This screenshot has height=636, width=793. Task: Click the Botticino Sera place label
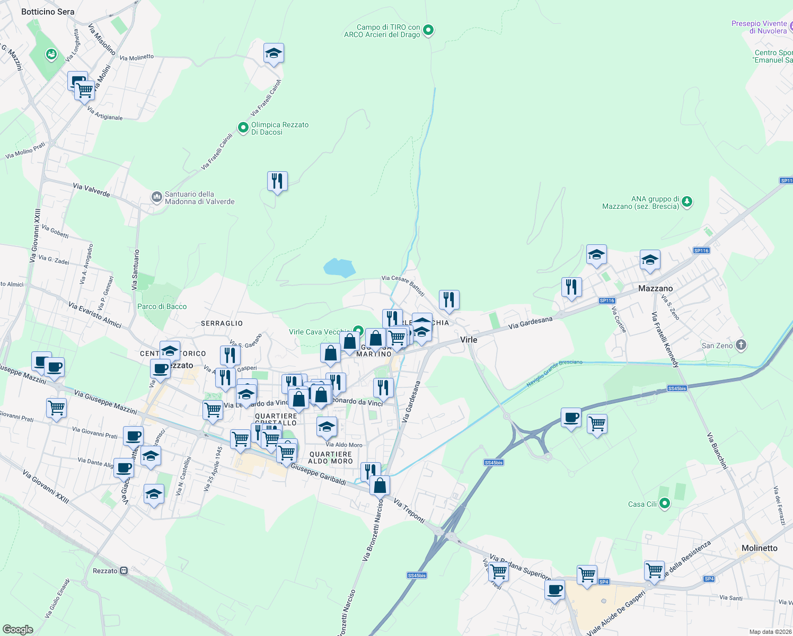click(x=48, y=12)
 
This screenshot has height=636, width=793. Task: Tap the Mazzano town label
click(x=655, y=288)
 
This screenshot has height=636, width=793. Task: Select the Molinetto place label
click(x=759, y=548)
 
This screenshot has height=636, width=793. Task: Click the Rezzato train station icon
click(x=124, y=571)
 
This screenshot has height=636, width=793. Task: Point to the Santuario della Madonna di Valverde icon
click(x=156, y=198)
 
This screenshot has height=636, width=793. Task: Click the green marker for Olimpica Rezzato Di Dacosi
click(x=243, y=128)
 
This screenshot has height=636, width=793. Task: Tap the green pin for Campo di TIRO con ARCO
click(x=428, y=31)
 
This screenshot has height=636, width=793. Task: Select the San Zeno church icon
click(x=741, y=346)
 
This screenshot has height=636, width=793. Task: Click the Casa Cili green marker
click(x=664, y=504)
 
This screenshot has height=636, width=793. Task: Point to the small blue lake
click(x=339, y=268)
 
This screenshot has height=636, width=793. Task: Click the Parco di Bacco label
click(x=162, y=306)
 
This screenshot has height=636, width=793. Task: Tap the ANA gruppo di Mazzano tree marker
click(x=687, y=202)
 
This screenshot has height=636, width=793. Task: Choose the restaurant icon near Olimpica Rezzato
click(x=277, y=181)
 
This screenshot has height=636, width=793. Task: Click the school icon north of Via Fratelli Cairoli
click(x=274, y=53)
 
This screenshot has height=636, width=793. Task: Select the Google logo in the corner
click(x=17, y=629)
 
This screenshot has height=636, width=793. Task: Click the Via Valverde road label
click(x=91, y=190)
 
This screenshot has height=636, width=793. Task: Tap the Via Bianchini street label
click(x=717, y=450)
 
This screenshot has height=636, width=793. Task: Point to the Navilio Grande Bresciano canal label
click(x=554, y=373)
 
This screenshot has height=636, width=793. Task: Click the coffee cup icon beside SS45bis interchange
click(x=571, y=418)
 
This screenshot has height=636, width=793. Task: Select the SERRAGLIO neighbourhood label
click(x=222, y=323)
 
